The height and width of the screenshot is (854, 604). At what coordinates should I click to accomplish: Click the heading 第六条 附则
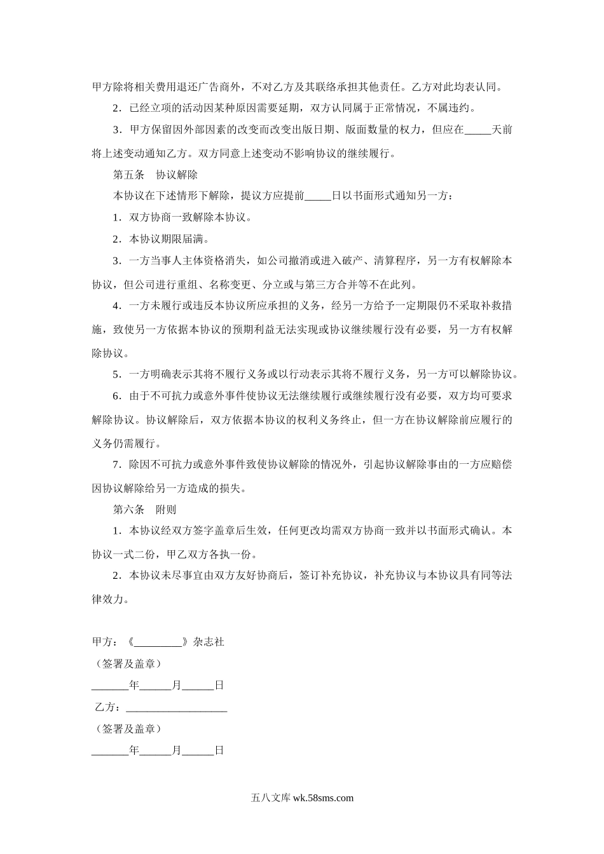[x=144, y=510]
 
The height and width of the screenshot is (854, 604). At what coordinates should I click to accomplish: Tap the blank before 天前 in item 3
[x=478, y=130]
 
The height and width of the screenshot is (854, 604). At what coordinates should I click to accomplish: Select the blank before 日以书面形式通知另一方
[x=318, y=196]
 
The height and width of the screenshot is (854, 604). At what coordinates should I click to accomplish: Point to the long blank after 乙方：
[x=177, y=707]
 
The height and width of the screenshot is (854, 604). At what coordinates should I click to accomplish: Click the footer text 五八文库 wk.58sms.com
[x=302, y=799]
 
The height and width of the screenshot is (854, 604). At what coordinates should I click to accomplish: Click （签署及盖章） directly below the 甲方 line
[x=127, y=664]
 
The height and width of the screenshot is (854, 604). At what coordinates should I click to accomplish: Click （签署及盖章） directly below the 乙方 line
[x=127, y=729]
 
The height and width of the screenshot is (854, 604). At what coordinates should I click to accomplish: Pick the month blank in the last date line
[x=155, y=751]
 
